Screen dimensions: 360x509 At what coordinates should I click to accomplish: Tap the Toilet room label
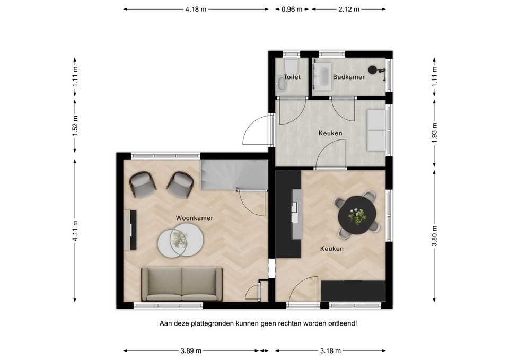tap(292, 77)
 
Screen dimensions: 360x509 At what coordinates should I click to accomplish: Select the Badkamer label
tap(348, 77)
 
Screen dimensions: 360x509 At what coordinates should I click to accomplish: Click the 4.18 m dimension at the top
tap(196, 9)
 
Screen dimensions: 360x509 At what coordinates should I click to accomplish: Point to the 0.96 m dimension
tap(291, 9)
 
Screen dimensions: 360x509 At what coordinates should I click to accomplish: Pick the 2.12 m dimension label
tap(348, 9)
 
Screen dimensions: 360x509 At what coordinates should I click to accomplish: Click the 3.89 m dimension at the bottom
tap(191, 350)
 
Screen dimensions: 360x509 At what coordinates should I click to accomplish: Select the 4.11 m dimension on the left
tap(75, 231)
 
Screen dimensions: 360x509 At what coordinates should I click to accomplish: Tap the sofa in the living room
tap(182, 283)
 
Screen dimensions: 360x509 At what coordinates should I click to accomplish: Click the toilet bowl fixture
tap(291, 67)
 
